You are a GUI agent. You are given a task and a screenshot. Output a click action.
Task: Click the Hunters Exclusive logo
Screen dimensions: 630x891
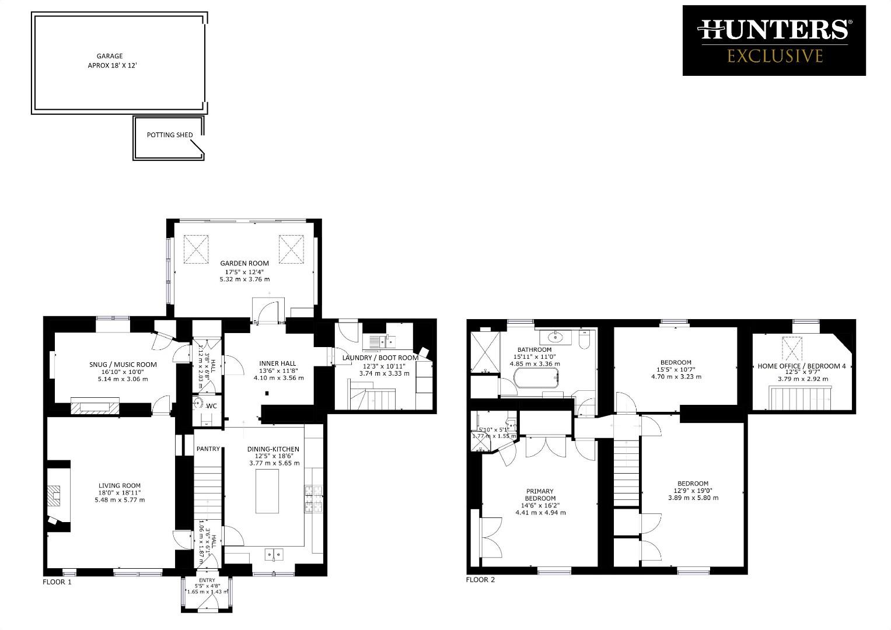(x=774, y=40)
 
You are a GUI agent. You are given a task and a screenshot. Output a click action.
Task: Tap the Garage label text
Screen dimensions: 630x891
(x=110, y=57)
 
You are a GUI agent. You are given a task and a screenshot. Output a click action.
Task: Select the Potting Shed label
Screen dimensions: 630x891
(x=170, y=135)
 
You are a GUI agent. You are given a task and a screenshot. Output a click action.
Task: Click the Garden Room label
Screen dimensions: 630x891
(x=244, y=264)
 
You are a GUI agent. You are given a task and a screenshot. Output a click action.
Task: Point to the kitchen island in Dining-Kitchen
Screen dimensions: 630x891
(x=267, y=491)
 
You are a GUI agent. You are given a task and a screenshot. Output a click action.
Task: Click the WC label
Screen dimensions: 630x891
(x=212, y=406)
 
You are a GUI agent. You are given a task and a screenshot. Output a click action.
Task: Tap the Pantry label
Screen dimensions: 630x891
(x=208, y=449)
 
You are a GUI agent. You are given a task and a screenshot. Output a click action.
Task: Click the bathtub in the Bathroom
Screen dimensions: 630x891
(x=536, y=379)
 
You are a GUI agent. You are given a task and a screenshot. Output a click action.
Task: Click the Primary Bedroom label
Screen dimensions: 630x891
(x=540, y=495)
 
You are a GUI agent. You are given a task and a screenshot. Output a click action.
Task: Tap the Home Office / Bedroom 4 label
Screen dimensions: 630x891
(x=801, y=366)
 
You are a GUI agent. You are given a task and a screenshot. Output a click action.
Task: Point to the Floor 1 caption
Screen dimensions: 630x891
(x=57, y=582)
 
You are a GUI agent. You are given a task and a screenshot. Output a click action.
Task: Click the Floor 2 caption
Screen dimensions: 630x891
(x=480, y=580)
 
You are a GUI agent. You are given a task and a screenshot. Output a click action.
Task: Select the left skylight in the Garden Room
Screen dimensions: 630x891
(x=197, y=249)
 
